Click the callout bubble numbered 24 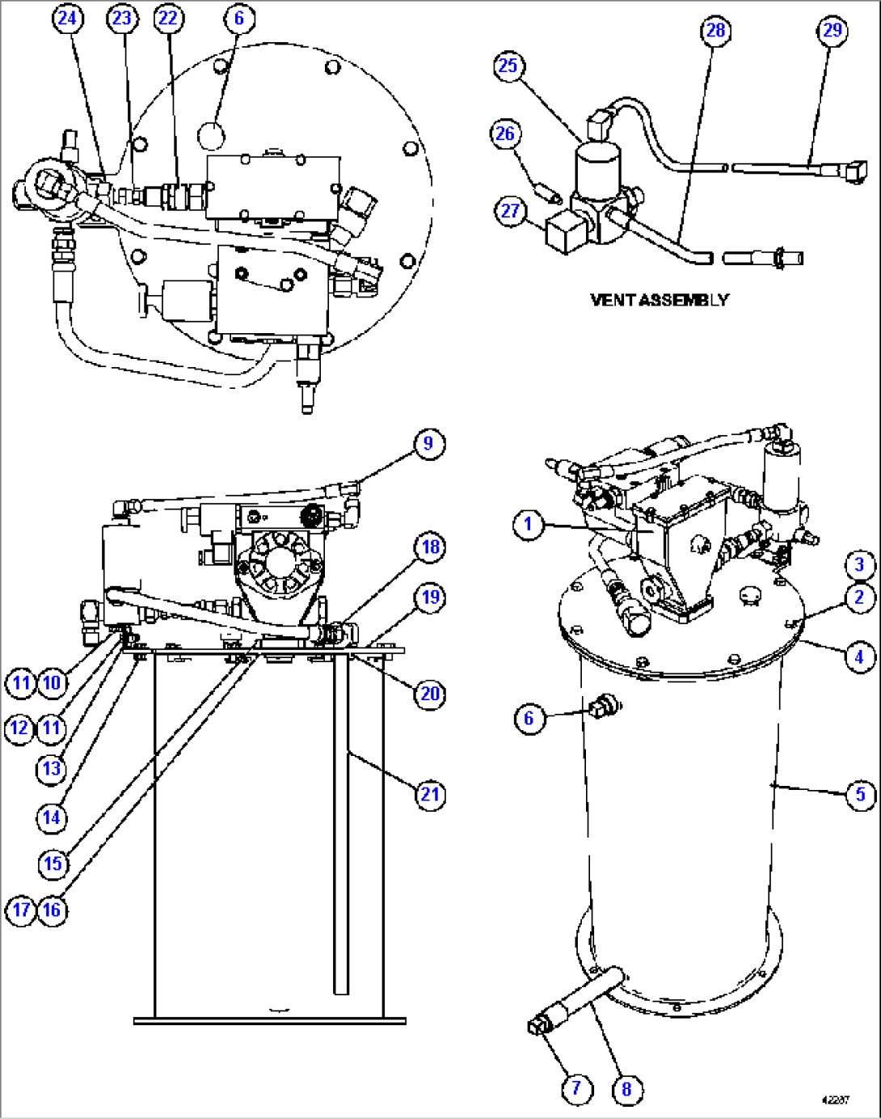coord(69,18)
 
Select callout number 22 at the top coord(168,18)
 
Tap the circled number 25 coord(508,65)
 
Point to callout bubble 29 coord(832,31)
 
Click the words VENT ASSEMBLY coord(659,300)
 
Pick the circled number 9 coord(428,443)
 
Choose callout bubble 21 coord(430,795)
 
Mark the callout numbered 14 coord(52,818)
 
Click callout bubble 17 coord(21,910)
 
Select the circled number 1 coord(529,524)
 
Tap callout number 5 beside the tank coord(860,795)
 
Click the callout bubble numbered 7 coord(576,1088)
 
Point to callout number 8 coord(626,1089)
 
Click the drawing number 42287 coord(835,1100)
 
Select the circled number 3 coord(859,564)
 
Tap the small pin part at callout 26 coord(551,194)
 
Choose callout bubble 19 coord(430,598)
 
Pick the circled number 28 coord(716,31)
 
